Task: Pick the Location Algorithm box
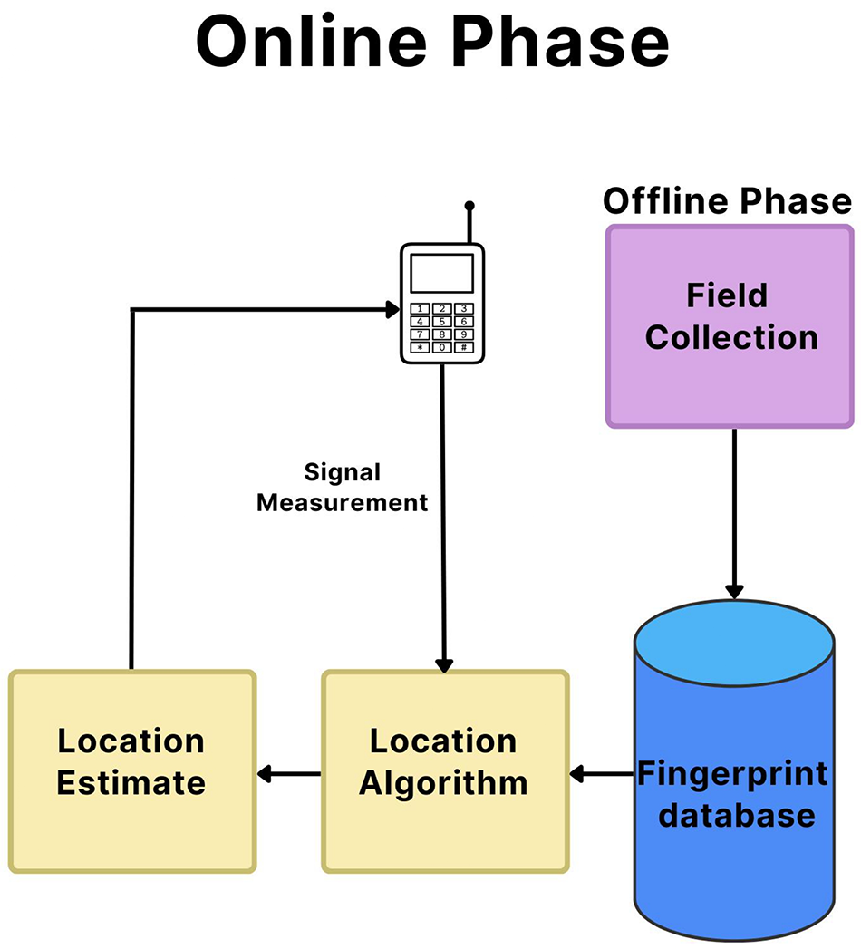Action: click(444, 770)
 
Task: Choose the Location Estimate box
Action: click(131, 770)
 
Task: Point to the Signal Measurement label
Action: click(342, 488)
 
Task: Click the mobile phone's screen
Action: click(441, 273)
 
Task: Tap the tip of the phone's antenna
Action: click(469, 207)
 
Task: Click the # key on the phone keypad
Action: click(463, 347)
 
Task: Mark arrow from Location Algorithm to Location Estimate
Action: click(288, 774)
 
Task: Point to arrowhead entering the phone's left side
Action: click(392, 310)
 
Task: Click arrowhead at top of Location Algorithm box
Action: click(443, 664)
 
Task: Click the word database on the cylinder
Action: click(736, 815)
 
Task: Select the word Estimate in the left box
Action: click(131, 782)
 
